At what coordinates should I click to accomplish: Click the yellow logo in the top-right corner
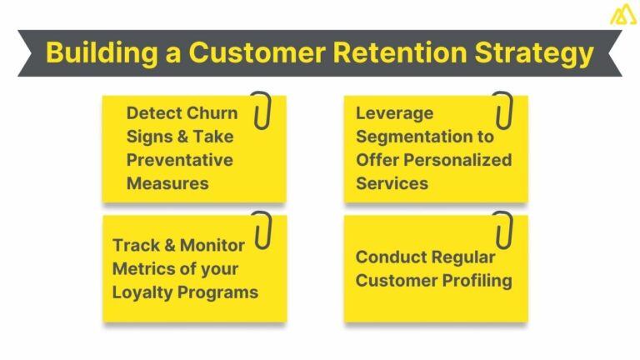point(621,15)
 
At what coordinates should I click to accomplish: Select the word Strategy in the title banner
point(531,52)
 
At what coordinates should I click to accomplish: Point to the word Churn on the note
point(209,113)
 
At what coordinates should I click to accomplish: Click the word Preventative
point(179,159)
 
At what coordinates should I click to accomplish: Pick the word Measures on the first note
point(167,182)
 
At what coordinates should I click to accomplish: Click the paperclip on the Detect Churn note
point(262,110)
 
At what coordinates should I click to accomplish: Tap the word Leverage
point(395,113)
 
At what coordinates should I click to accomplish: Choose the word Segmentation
point(425,136)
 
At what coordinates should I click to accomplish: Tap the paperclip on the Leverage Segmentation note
point(502,110)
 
